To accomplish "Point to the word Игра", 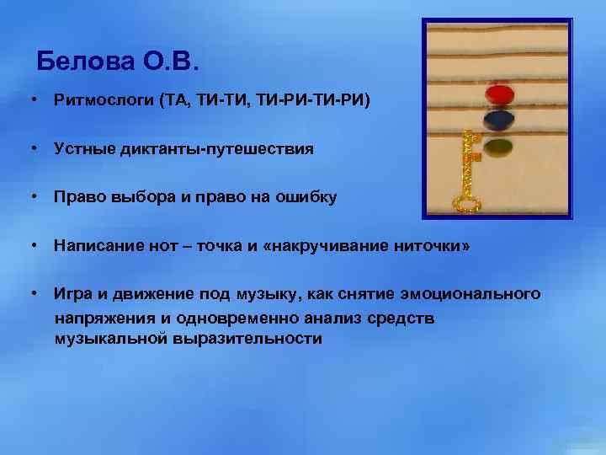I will coord(72,294).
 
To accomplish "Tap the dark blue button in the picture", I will coord(500,120).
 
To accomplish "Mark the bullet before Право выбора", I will coord(31,197).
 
